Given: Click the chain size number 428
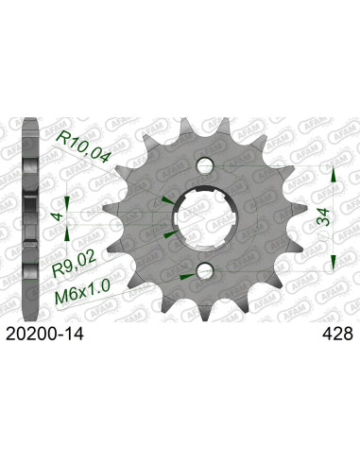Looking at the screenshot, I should (335, 332).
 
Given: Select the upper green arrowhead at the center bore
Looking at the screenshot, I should (167, 198).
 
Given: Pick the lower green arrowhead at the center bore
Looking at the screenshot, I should (167, 232).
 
